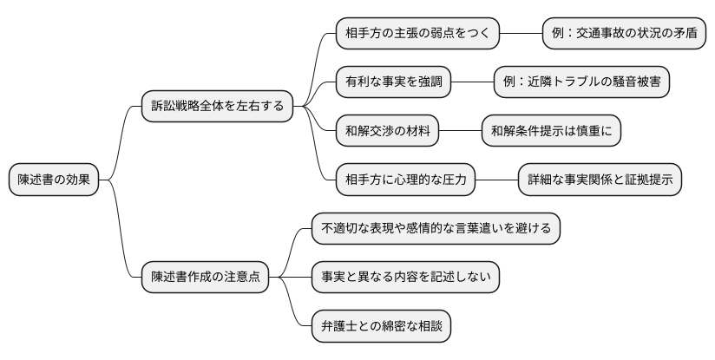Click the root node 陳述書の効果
[54, 180]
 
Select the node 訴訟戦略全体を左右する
[217, 107]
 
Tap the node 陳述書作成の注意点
[206, 278]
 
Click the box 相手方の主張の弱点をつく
[417, 34]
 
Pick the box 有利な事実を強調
[394, 82]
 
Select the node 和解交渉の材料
[387, 131]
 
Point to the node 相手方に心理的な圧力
[405, 180]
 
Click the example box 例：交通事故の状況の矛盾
[623, 34]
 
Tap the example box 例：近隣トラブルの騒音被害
[581, 82]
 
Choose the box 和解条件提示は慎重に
[551, 131]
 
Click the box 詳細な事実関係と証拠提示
[599, 180]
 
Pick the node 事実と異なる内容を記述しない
[406, 278]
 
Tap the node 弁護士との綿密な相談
[382, 327]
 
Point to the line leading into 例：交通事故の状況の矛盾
[521, 34]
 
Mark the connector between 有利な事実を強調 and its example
[473, 82]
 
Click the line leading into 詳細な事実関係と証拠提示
[496, 180]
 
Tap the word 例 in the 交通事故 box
[558, 34]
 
